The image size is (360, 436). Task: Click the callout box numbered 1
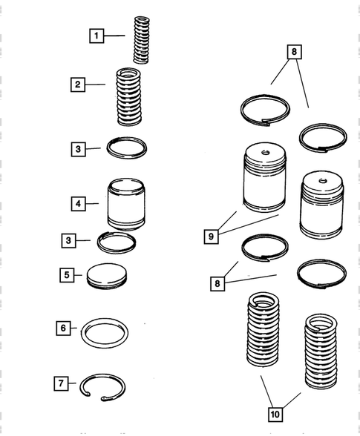point(96,36)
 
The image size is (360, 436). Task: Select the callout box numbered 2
point(78,85)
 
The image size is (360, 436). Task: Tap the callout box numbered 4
point(78,204)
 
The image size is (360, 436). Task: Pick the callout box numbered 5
point(67,275)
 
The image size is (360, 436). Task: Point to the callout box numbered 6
point(63,328)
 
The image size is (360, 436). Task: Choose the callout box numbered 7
point(61,383)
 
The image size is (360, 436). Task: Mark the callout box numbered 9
point(211,237)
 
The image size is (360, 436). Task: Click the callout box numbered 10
point(275,414)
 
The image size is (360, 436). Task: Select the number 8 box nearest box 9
point(217,283)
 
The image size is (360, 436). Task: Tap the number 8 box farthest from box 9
point(294,52)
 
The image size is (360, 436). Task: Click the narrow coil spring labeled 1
point(142,40)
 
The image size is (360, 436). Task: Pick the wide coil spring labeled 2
point(128,96)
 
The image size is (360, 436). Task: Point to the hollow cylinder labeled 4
point(126,205)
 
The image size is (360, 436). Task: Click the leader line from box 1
point(114,36)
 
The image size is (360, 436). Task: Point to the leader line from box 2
point(95,85)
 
